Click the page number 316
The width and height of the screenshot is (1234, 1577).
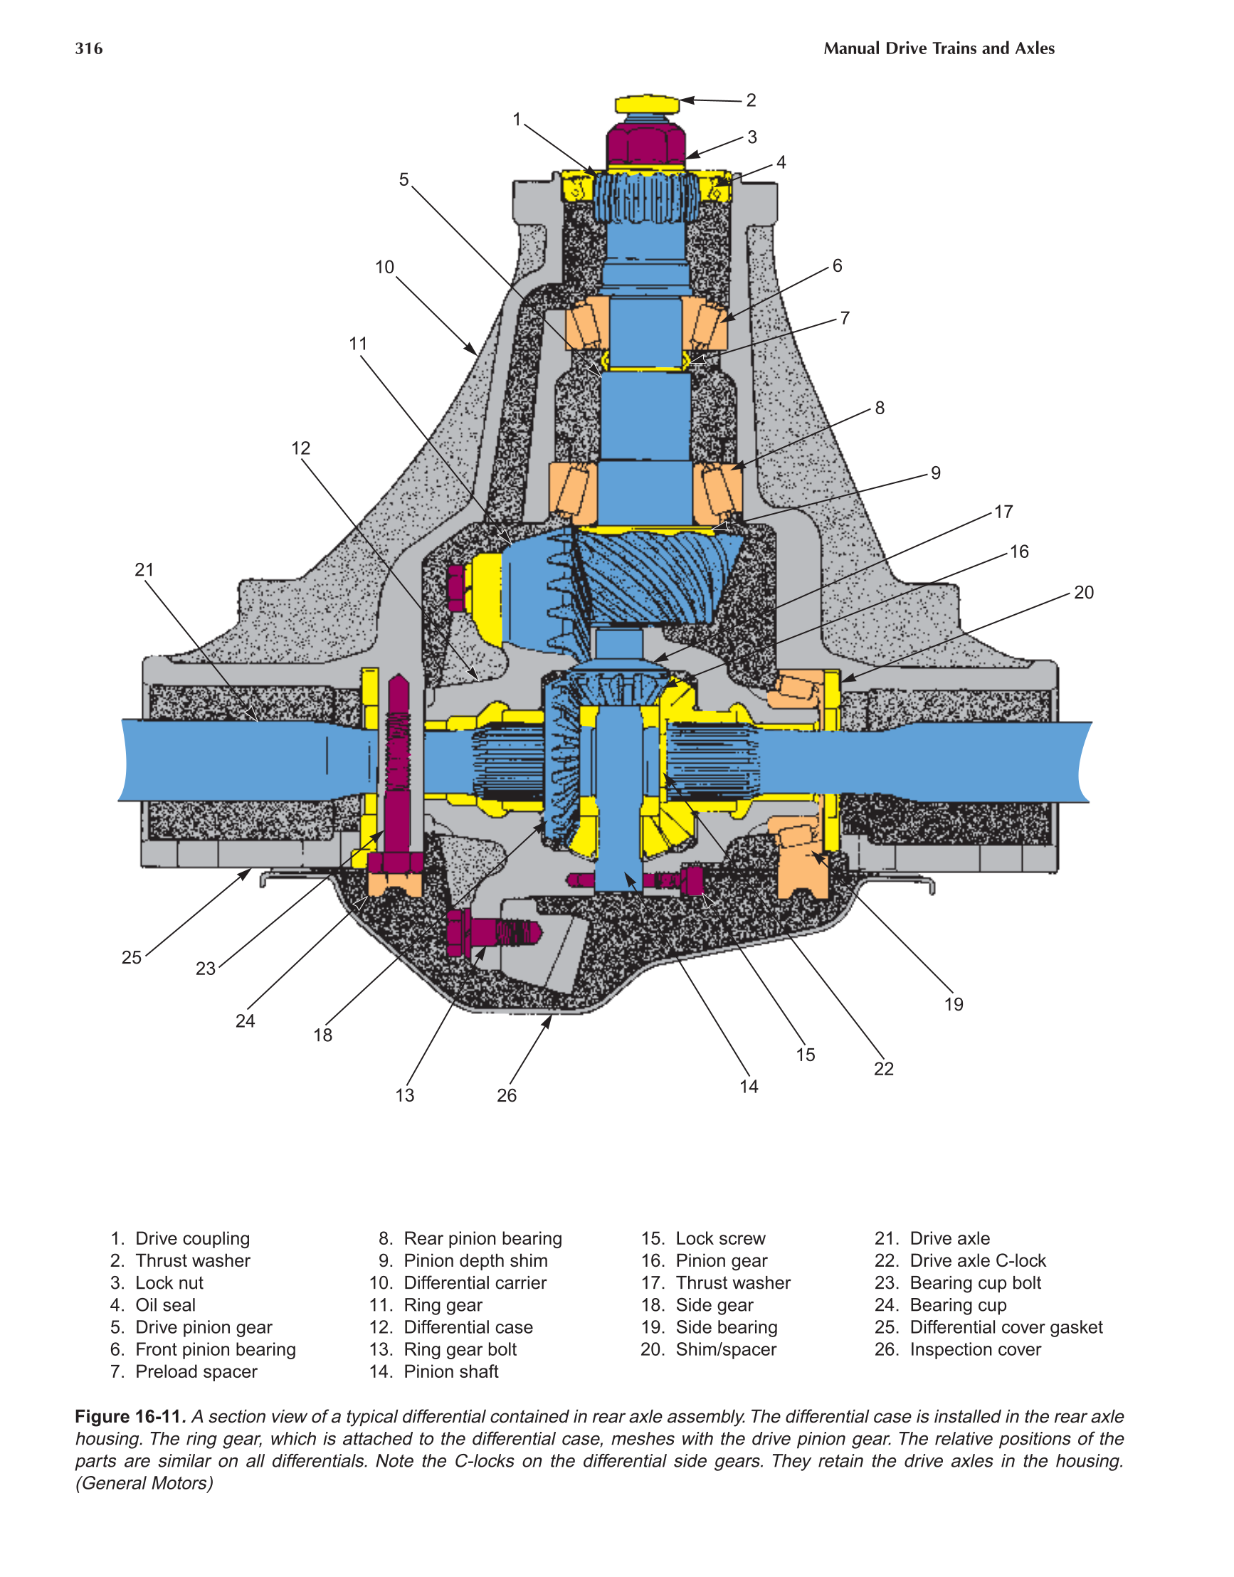pos(89,48)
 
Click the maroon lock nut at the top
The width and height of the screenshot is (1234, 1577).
pos(645,144)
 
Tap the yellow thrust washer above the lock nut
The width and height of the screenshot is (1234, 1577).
pos(648,104)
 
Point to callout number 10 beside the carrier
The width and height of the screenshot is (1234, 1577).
pos(384,268)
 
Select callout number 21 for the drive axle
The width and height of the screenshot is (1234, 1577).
pos(144,569)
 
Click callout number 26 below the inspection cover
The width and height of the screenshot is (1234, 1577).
pos(507,1095)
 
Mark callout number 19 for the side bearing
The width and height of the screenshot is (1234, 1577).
pos(954,1004)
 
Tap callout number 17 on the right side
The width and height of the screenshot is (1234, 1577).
pos(1003,512)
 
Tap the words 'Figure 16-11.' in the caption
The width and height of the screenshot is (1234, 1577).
pos(131,1417)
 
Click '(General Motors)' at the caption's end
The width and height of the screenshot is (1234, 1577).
pos(144,1483)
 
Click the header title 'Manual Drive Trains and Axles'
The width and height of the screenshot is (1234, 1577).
pos(939,48)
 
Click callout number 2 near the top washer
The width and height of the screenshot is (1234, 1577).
pos(752,100)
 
